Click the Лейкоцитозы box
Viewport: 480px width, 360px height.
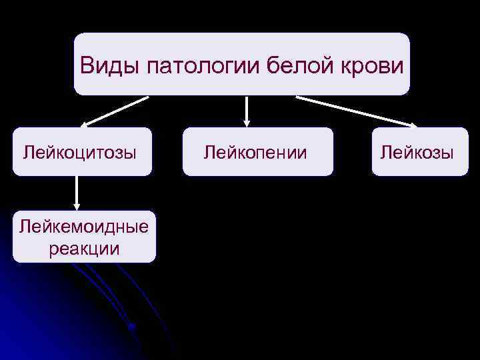[x=82, y=152]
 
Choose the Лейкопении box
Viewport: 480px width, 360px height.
[x=257, y=152]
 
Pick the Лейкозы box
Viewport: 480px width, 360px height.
[x=420, y=152]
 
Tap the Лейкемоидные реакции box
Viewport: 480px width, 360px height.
[x=84, y=237]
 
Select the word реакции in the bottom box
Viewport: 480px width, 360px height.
[x=84, y=249]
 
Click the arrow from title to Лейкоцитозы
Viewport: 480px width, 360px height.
[x=115, y=111]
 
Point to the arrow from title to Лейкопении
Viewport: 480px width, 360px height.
[x=247, y=110]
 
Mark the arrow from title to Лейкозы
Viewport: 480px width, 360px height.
[x=357, y=111]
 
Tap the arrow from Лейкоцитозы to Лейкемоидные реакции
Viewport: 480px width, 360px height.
[x=77, y=192]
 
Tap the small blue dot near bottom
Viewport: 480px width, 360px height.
[x=132, y=327]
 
